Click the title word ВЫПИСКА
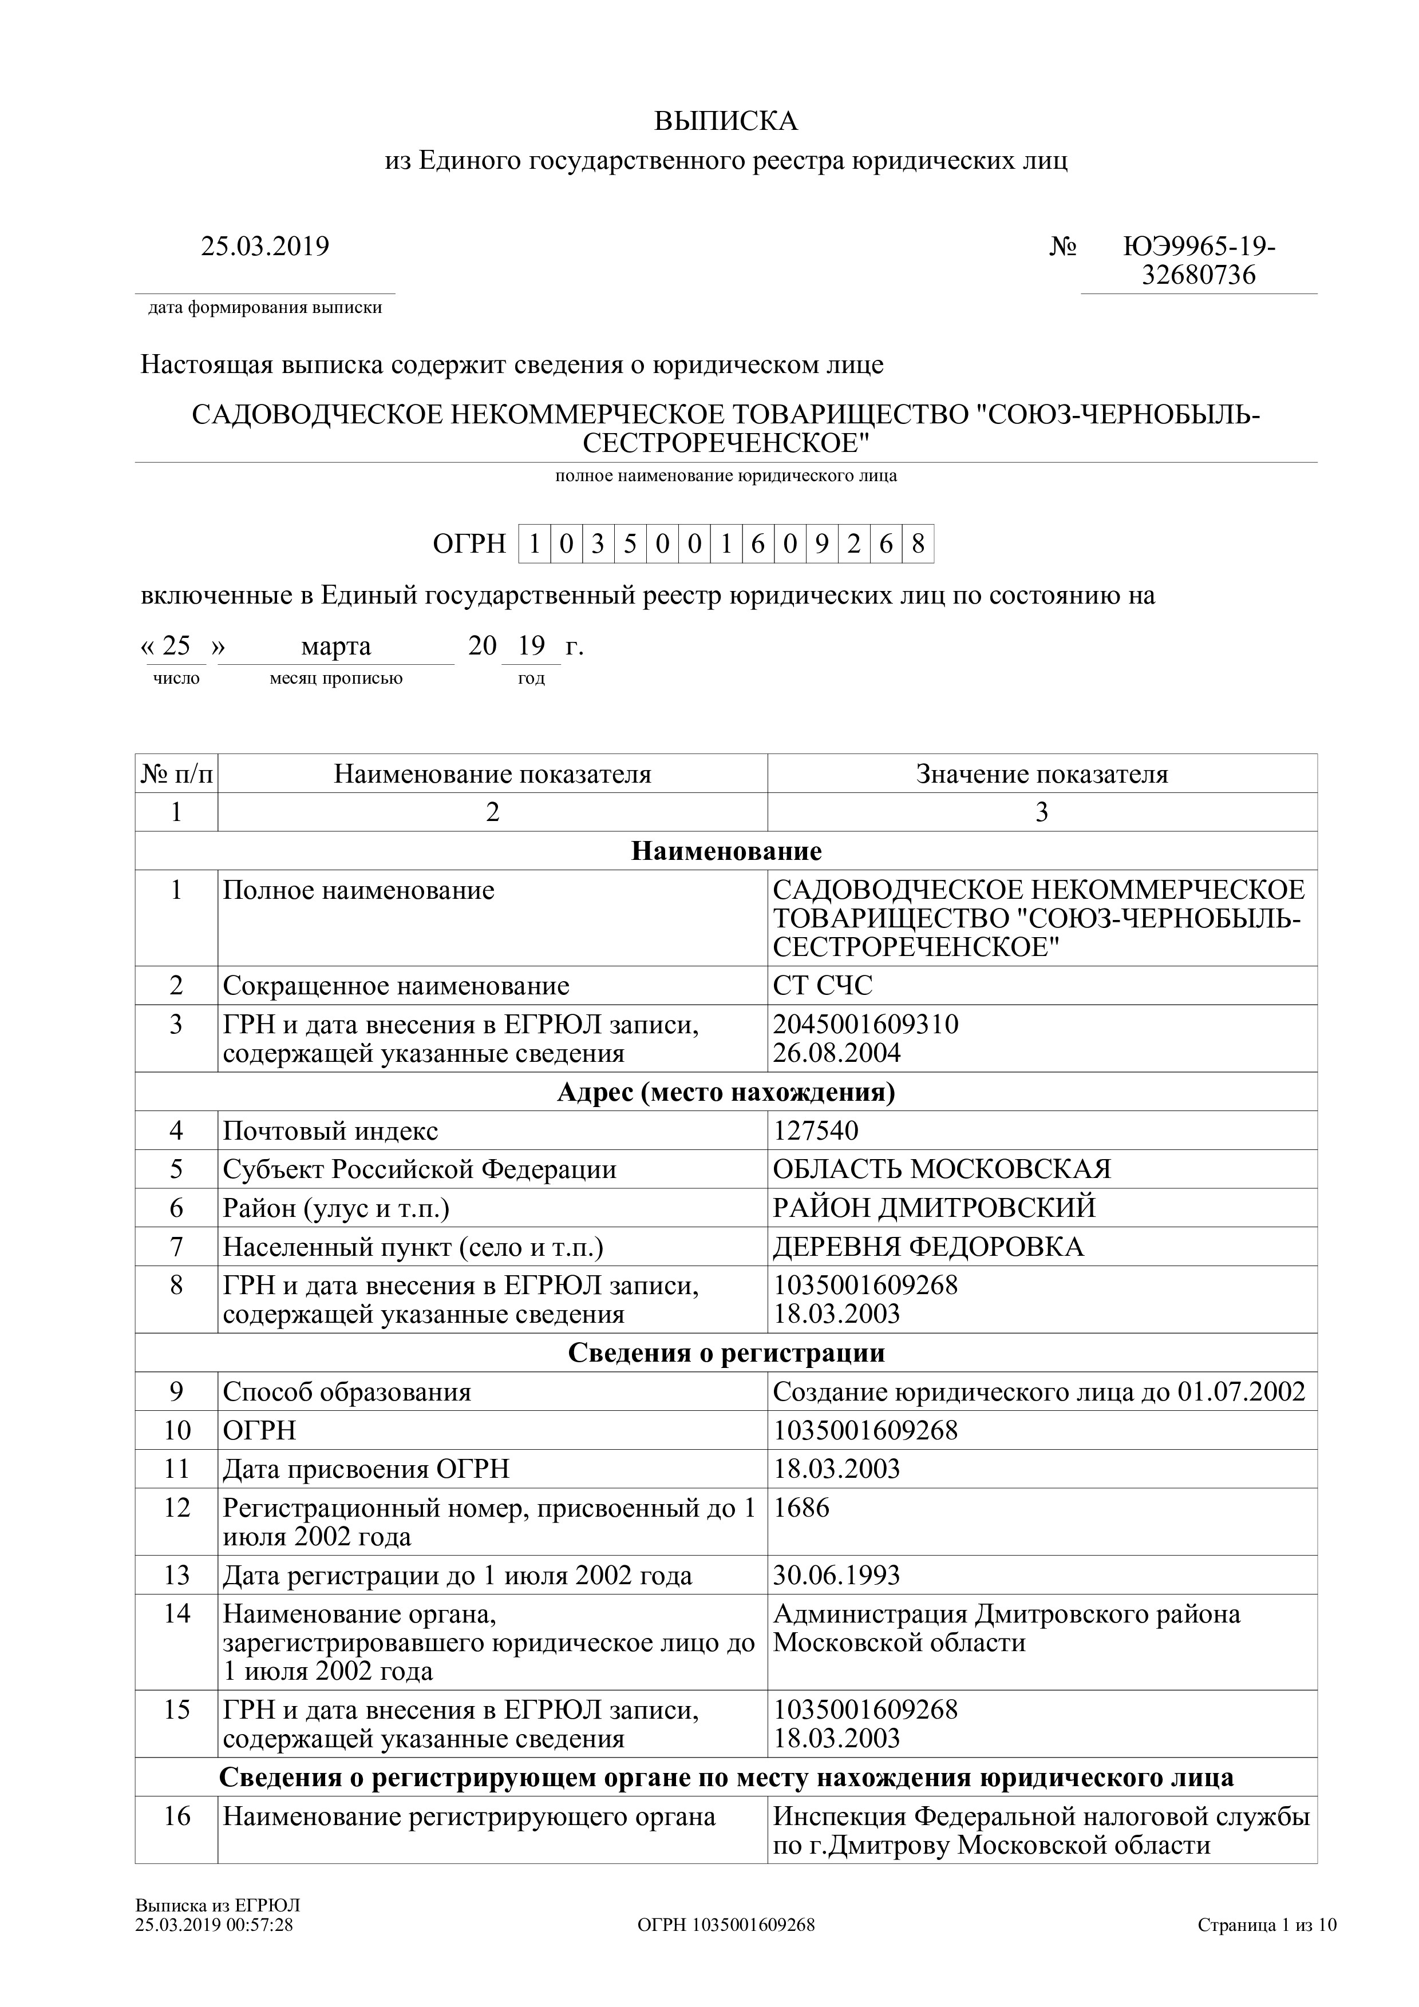[x=726, y=121]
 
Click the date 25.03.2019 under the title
[x=265, y=247]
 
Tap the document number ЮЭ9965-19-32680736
[x=1199, y=260]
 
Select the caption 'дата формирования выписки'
[x=265, y=308]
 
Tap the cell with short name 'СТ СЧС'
[x=823, y=985]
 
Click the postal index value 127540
[x=816, y=1131]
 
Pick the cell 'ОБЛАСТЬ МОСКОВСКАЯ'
[x=942, y=1169]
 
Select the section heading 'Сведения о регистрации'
[x=726, y=1352]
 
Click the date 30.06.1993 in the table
[x=836, y=1575]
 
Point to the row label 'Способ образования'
[x=347, y=1391]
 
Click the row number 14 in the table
[x=177, y=1613]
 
